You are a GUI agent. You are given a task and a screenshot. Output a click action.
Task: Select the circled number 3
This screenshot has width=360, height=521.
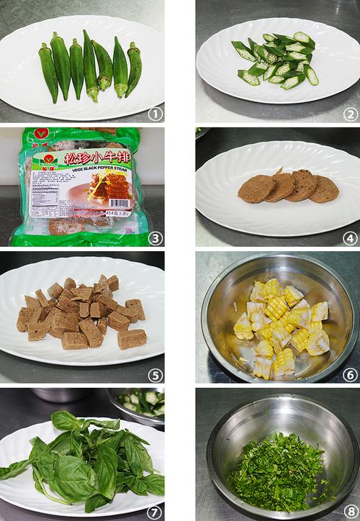[153, 237]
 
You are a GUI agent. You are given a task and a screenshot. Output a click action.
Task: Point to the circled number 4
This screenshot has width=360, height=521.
[348, 237]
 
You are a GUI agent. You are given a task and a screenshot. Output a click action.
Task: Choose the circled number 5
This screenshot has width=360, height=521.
[153, 374]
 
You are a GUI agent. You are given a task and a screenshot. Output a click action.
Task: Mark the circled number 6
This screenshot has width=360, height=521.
[348, 374]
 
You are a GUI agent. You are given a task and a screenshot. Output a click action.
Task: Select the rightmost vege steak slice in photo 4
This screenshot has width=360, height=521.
[324, 189]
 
